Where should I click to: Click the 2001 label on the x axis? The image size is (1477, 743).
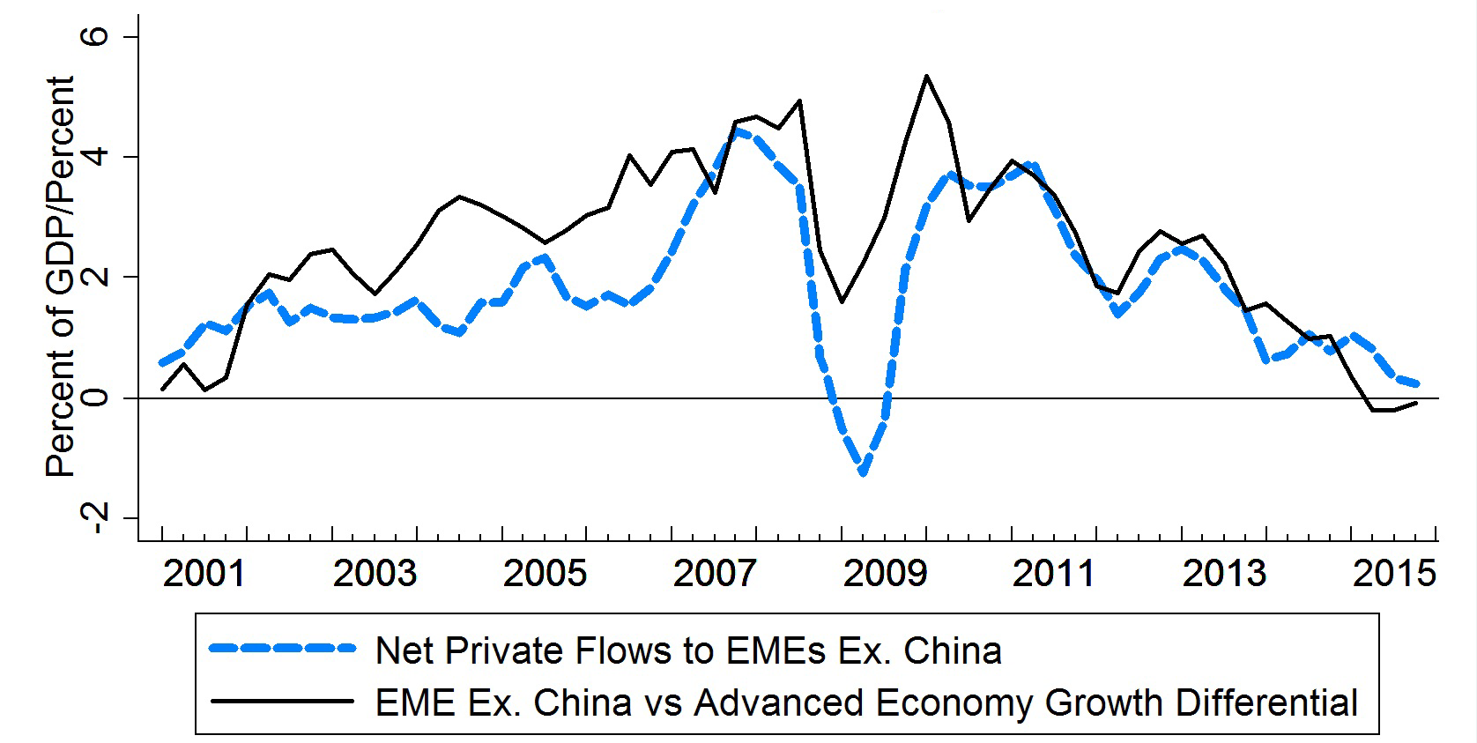[x=204, y=574]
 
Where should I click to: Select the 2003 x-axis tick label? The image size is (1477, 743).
[x=374, y=574]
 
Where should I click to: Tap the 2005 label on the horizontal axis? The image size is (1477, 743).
[x=545, y=574]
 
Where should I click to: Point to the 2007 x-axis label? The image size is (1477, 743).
[x=715, y=574]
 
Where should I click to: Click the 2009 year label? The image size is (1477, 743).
[x=885, y=574]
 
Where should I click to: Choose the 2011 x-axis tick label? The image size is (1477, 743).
[x=1053, y=574]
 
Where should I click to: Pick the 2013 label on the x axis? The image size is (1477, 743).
[x=1224, y=574]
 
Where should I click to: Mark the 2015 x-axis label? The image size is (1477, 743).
[x=1394, y=574]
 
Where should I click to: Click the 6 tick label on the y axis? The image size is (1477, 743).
[x=94, y=36]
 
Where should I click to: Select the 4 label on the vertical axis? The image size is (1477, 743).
[x=94, y=157]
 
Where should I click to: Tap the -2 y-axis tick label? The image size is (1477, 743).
[x=94, y=517]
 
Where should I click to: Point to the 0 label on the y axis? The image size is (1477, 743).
[x=94, y=398]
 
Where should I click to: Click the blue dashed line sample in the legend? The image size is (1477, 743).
[x=282, y=649]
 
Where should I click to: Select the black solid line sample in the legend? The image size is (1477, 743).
[x=282, y=702]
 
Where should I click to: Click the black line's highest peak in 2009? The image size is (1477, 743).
[x=926, y=76]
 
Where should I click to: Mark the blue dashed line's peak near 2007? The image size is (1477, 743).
[x=737, y=132]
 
